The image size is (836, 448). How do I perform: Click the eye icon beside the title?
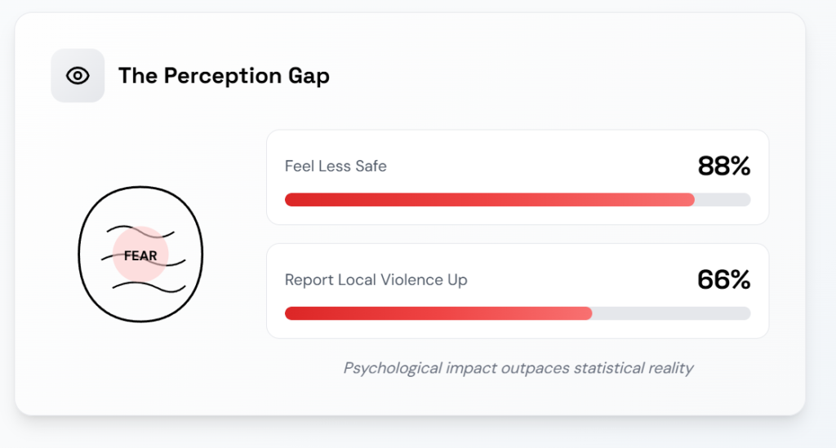pyautogui.click(x=78, y=76)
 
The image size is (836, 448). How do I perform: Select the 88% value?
pyautogui.click(x=723, y=166)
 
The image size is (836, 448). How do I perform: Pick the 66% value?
pyautogui.click(x=723, y=280)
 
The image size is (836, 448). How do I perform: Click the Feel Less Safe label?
pyautogui.click(x=336, y=166)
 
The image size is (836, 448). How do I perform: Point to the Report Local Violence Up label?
pyautogui.click(x=376, y=280)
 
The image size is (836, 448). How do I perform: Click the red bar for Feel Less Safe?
pyautogui.click(x=489, y=200)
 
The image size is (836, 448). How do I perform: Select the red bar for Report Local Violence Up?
pyautogui.click(x=438, y=313)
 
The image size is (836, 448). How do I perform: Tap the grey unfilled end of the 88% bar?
pyautogui.click(x=723, y=200)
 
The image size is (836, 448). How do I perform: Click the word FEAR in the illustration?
pyautogui.click(x=140, y=255)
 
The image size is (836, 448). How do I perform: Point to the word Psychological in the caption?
pyautogui.click(x=392, y=368)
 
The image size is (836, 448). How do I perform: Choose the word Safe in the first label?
pyautogui.click(x=371, y=166)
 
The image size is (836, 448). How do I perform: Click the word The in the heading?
pyautogui.click(x=135, y=76)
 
